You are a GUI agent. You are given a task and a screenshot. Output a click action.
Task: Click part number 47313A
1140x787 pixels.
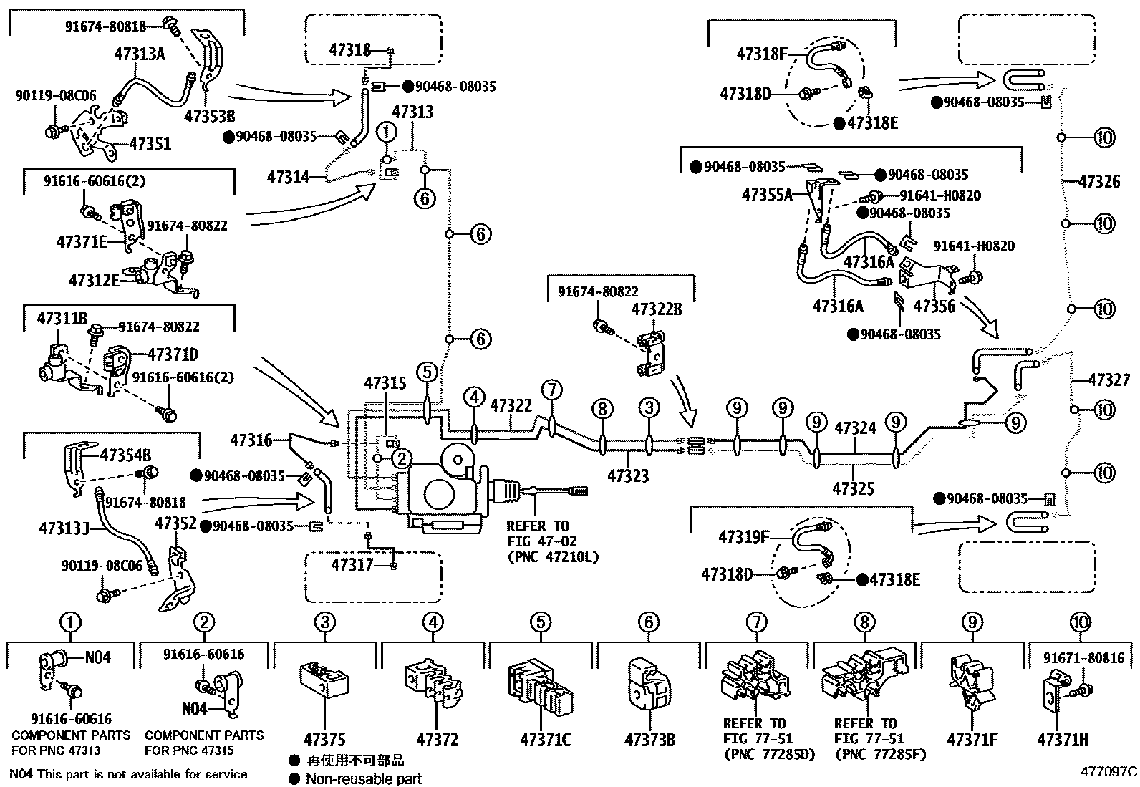point(139,54)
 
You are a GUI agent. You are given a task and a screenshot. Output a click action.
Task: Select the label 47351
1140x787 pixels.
point(150,144)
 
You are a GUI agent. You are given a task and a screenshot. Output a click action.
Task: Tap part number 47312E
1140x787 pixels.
point(94,279)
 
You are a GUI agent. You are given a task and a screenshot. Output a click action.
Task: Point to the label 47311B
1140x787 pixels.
point(62,319)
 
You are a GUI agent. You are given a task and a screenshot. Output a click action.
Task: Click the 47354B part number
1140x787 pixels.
point(125,455)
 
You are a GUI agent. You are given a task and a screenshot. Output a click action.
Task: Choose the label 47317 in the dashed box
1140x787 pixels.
point(352,565)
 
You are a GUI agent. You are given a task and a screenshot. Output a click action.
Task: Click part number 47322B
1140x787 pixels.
point(657,309)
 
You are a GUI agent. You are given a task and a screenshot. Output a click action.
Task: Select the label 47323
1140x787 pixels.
point(628,475)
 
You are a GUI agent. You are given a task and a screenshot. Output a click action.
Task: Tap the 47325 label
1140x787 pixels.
point(854,489)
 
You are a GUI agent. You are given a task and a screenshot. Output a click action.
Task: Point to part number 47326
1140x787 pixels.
point(1099,182)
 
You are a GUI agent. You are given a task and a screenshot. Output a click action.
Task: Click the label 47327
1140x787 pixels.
point(1109,380)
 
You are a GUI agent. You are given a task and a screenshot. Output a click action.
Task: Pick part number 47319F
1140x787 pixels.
point(744,537)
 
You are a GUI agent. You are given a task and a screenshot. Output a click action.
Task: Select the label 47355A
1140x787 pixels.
point(768,194)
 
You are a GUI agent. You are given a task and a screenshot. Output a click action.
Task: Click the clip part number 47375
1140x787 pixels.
point(324,740)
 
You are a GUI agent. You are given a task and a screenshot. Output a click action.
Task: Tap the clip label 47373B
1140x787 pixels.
point(649,740)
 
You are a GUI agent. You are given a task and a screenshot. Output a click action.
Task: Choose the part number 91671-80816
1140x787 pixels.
point(1083,658)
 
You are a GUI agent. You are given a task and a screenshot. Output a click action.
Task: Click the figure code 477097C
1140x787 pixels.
point(1109,772)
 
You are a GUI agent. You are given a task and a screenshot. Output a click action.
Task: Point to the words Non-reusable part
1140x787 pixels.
point(364,779)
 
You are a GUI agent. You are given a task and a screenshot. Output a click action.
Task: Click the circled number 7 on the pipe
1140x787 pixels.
point(551,390)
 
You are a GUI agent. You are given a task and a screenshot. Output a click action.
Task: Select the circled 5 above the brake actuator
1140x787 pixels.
point(427,372)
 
